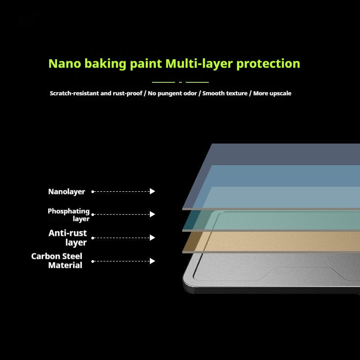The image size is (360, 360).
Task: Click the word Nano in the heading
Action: point(65,63)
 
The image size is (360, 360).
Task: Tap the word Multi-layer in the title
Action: point(199,63)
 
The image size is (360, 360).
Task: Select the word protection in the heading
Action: point(268,64)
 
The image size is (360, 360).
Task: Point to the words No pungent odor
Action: point(172,94)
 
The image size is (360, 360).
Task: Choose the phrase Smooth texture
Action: point(225,93)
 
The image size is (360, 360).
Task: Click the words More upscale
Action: point(272,94)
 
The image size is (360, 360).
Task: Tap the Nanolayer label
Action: point(67,192)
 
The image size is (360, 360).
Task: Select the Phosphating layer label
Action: point(68,215)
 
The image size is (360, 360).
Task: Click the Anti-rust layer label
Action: point(68,238)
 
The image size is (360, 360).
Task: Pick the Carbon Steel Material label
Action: point(57,261)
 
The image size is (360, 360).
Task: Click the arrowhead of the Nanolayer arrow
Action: point(152,191)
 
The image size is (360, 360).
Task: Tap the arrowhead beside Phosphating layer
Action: point(152,214)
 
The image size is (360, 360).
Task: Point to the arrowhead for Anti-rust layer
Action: point(152,238)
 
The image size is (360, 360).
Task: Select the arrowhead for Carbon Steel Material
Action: point(152,261)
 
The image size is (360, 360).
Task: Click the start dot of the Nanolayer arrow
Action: point(93,192)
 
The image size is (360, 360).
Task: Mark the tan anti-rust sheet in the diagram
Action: point(271,242)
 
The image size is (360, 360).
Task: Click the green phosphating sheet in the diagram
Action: point(271,220)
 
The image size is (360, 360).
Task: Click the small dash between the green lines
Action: point(180,82)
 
